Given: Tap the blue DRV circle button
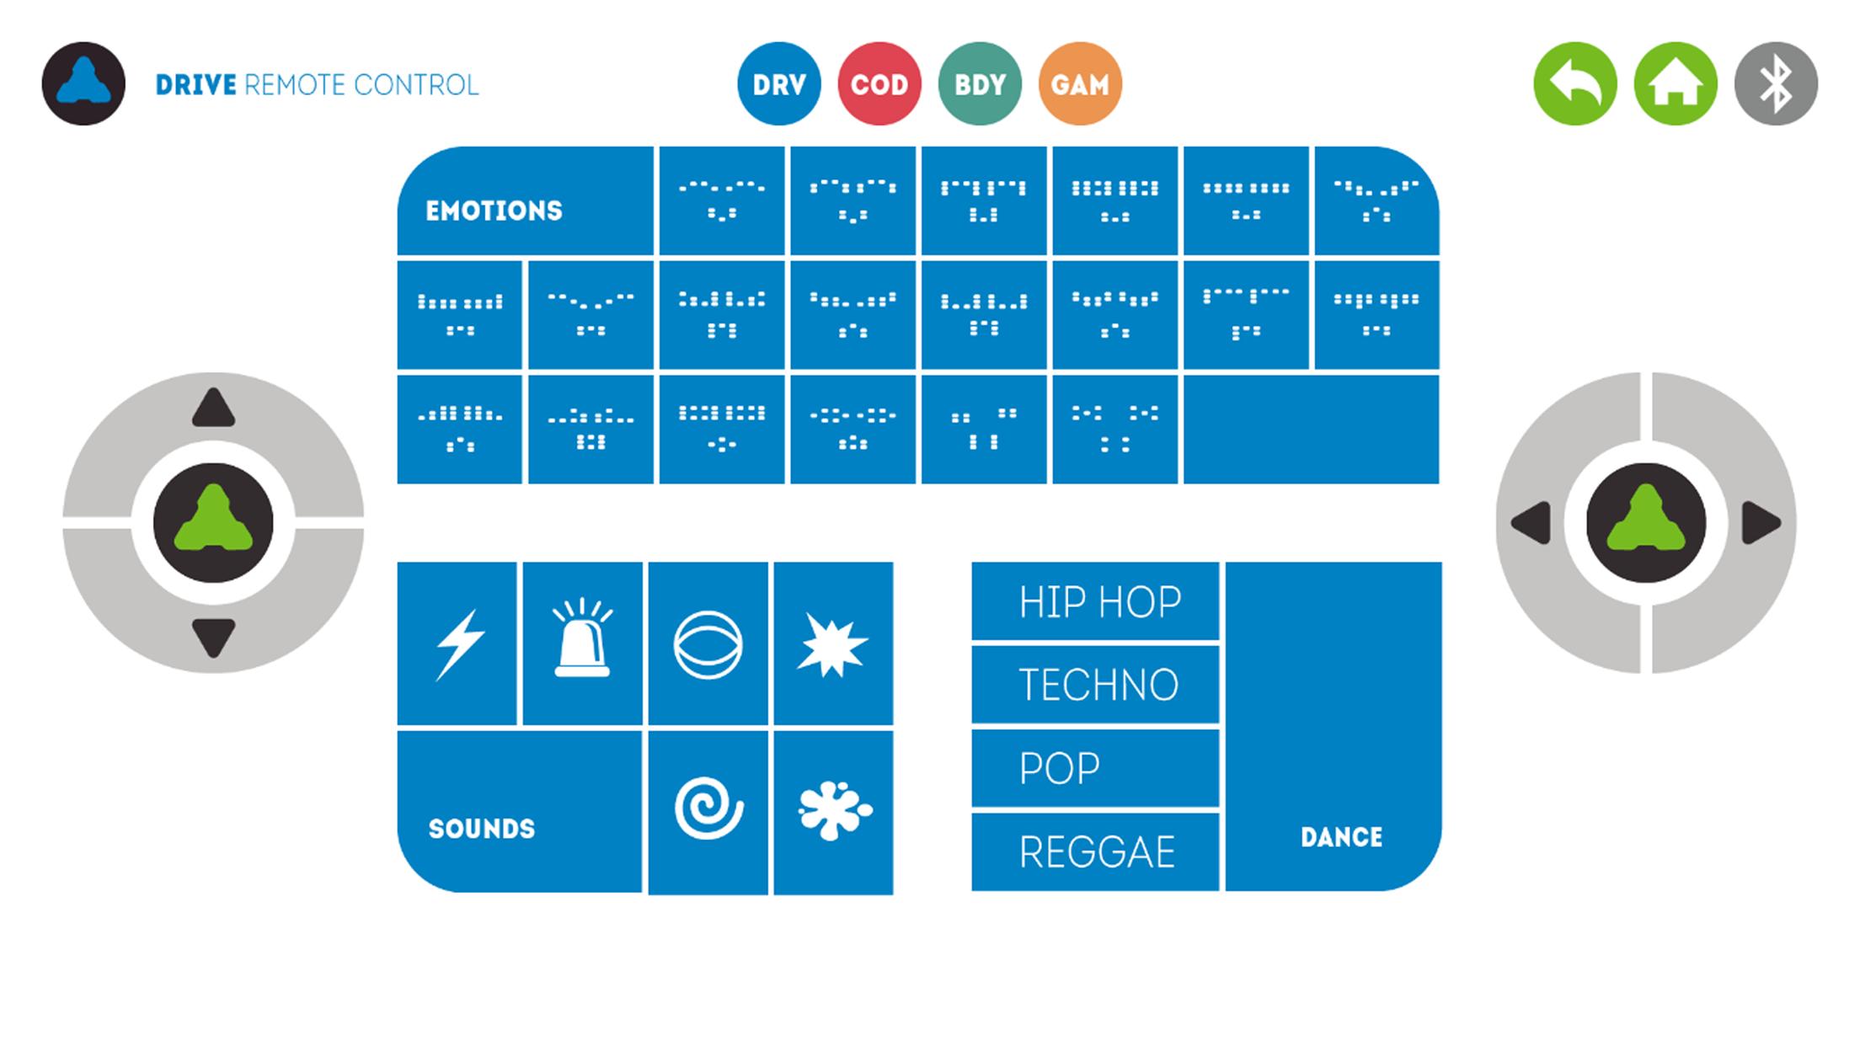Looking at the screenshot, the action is pos(778,84).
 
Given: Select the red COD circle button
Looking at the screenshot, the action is pos(879,84).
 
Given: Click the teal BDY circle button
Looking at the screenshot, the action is pos(980,84).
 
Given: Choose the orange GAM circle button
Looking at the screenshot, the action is pos(1080,84).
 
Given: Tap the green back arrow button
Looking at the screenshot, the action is pos(1575,84).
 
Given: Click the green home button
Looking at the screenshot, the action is pos(1676,84).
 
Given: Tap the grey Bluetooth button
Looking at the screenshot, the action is pos(1776,84).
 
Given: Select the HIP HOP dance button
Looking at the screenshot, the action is pos(1095,601).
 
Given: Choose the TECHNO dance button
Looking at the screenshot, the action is pos(1095,684).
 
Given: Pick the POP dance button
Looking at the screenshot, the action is pos(1095,767).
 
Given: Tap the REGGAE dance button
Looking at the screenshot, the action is pos(1095,851).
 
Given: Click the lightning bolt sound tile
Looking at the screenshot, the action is pos(457,643).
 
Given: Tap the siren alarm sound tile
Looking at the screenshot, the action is pos(582,643).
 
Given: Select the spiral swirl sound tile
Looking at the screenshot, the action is pos(708,812).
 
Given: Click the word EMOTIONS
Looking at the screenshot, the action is pos(494,211).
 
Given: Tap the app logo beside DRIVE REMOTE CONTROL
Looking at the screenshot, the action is pos(83,84).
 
